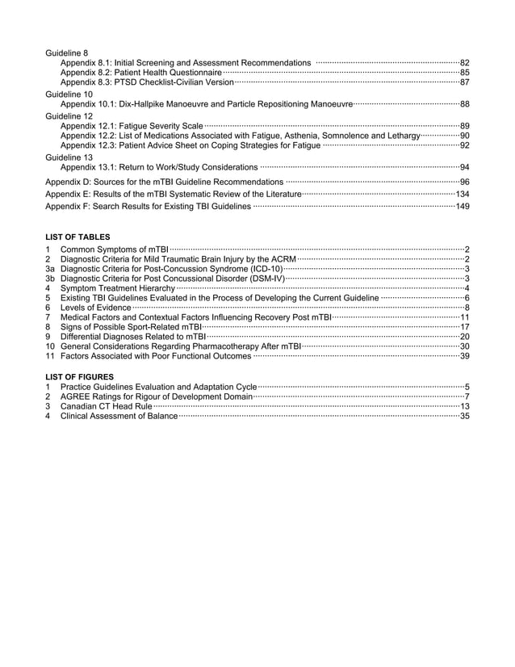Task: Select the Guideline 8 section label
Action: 69,53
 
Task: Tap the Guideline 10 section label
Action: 70,94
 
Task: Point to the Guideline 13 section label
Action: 70,157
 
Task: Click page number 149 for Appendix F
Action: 463,207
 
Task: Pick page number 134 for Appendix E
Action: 463,195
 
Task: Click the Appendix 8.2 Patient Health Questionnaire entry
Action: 141,73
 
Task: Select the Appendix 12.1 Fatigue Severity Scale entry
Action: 132,126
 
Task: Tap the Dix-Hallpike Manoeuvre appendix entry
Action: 207,104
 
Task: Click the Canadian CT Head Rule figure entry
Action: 107,406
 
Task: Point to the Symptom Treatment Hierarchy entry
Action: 118,288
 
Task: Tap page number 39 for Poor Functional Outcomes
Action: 464,356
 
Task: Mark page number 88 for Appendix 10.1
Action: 464,104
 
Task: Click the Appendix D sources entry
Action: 165,182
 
